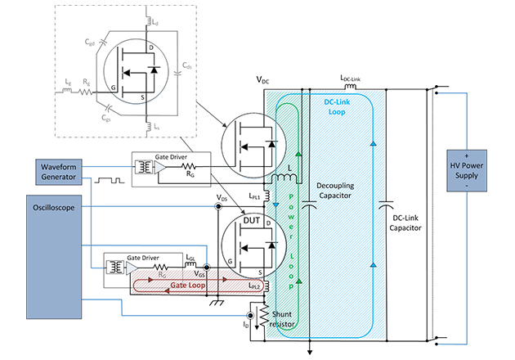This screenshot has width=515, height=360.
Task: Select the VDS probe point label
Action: (222, 198)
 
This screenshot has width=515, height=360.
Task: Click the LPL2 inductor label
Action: (255, 286)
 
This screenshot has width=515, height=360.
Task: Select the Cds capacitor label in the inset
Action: (187, 64)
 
